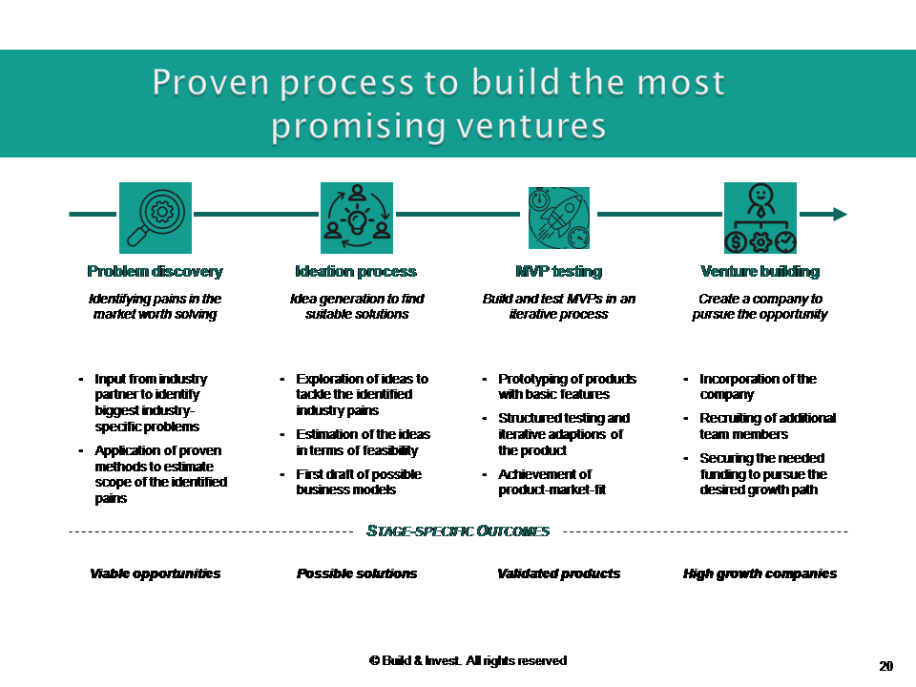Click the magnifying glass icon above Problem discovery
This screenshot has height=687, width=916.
point(156,218)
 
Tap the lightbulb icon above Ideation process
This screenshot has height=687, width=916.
point(357,218)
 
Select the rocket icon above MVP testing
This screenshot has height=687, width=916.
point(559,218)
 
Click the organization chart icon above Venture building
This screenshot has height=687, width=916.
point(760,218)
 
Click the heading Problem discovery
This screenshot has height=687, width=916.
point(156,271)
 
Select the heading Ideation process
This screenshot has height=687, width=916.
point(356,271)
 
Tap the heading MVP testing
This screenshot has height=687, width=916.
point(558,271)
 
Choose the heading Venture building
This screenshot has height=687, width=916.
point(760,271)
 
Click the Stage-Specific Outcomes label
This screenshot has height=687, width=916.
point(458,531)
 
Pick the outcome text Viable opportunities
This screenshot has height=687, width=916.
point(156,573)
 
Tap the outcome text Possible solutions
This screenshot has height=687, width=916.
point(357,573)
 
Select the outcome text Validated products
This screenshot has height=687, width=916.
point(559,573)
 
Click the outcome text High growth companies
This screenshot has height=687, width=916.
point(760,573)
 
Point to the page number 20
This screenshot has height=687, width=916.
point(886,666)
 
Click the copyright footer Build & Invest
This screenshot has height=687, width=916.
point(468,660)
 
